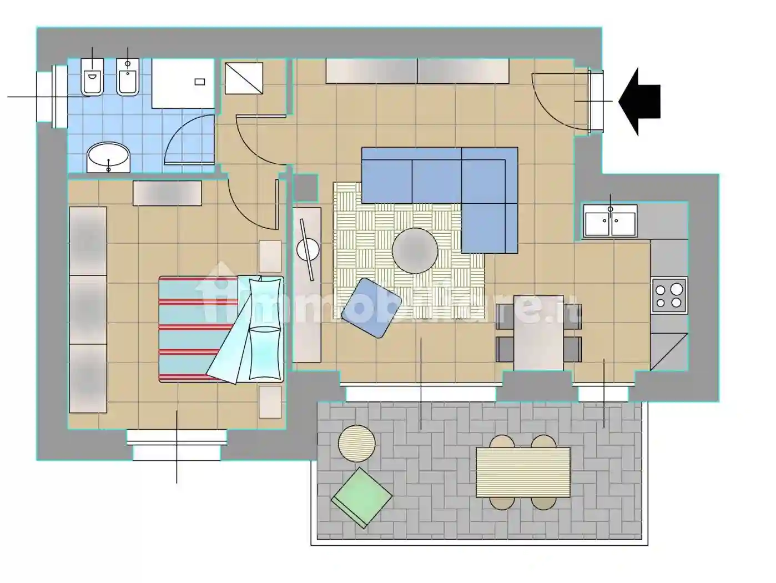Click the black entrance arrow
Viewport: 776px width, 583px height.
click(x=640, y=102)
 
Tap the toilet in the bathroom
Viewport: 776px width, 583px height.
click(x=92, y=77)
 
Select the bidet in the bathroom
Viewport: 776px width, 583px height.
click(x=128, y=77)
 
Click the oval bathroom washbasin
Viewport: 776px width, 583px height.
click(x=109, y=158)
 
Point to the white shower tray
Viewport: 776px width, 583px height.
click(x=183, y=83)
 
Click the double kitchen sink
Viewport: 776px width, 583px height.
click(x=610, y=221)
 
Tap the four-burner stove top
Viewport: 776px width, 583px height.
click(x=669, y=295)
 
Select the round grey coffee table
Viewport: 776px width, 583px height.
click(x=415, y=250)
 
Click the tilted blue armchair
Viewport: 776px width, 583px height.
click(x=371, y=308)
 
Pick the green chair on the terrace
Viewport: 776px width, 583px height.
click(x=361, y=498)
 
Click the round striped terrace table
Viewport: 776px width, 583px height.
click(x=357, y=443)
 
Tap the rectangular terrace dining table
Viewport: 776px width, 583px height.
click(x=523, y=473)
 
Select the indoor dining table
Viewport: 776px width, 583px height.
click(x=538, y=333)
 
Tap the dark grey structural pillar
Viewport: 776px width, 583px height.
click(x=305, y=188)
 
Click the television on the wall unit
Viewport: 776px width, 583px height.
click(x=307, y=250)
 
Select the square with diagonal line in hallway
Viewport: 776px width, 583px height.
click(x=244, y=78)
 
